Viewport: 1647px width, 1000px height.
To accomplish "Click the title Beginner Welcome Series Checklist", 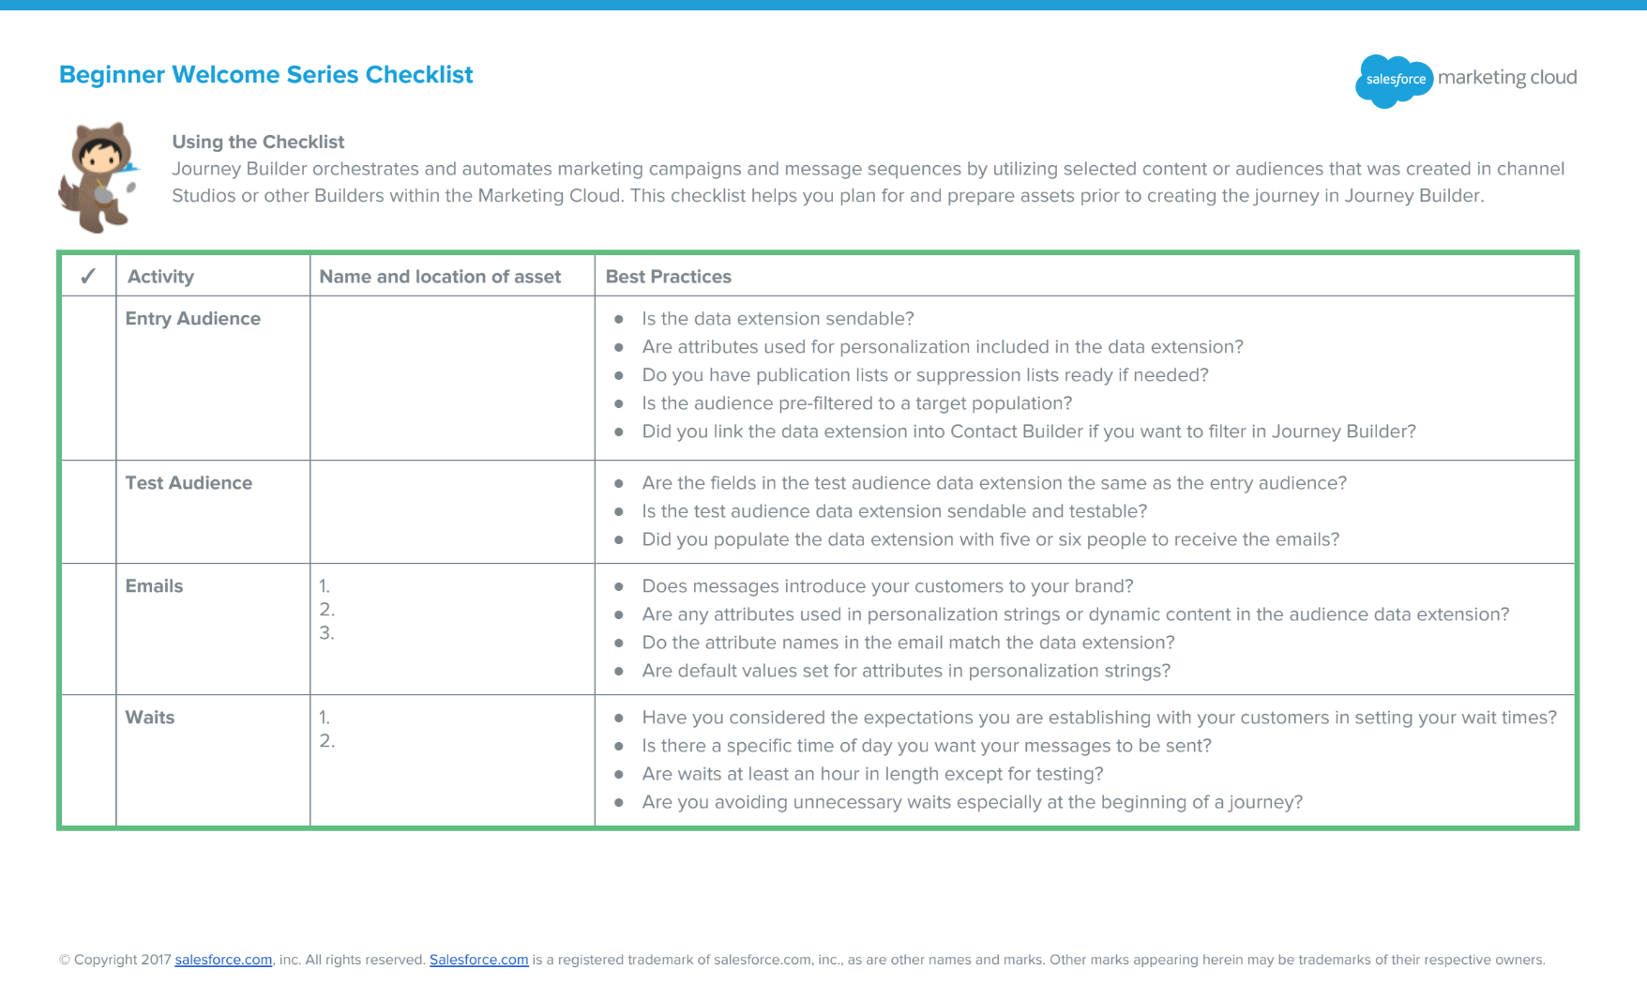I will [x=265, y=75].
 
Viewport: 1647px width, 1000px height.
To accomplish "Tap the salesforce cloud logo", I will [x=1394, y=80].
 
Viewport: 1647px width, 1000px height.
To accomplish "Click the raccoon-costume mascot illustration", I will [x=99, y=176].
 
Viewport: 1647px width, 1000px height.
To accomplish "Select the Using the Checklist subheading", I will [x=258, y=142].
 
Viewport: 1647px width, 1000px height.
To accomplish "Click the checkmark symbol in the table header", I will [x=88, y=277].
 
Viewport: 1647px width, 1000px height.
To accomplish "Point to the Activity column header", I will [x=160, y=277].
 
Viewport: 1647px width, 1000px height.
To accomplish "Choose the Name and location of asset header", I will [x=440, y=277].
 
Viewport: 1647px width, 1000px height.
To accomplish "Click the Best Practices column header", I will [x=668, y=277].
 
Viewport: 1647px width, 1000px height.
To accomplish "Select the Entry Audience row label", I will [x=193, y=319].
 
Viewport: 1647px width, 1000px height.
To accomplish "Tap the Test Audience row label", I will [x=189, y=483].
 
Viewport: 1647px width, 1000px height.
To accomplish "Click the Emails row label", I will [x=154, y=586].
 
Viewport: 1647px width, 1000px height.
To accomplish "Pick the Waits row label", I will [x=150, y=718].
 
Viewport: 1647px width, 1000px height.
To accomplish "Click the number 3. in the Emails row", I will [x=326, y=633].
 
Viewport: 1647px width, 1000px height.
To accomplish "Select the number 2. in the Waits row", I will [x=326, y=741].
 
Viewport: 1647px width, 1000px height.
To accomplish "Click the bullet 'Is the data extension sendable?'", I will [x=778, y=319].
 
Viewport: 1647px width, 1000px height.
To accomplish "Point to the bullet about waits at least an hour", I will [x=872, y=774].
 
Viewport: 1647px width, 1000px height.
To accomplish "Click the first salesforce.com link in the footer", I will [x=223, y=960].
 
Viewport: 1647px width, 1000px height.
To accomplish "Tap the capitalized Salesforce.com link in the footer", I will [x=478, y=960].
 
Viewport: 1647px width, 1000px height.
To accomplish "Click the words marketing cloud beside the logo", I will [x=1506, y=78].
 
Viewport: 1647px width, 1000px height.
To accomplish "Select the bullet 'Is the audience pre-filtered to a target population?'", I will [x=856, y=403].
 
